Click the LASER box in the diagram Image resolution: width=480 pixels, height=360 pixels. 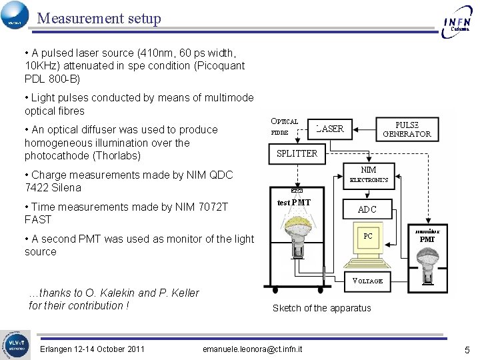pyautogui.click(x=329, y=129)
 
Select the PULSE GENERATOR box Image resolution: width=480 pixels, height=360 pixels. pyautogui.click(x=407, y=129)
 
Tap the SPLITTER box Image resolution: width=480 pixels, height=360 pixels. pyautogui.click(x=297, y=153)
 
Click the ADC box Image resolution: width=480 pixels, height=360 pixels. pyautogui.click(x=367, y=209)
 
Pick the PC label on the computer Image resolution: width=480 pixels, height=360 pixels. pyautogui.click(x=368, y=235)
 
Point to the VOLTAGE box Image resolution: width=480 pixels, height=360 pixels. pyautogui.click(x=367, y=281)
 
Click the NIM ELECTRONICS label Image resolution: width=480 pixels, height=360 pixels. pyautogui.click(x=369, y=174)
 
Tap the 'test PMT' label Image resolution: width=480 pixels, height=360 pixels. pyautogui.click(x=293, y=203)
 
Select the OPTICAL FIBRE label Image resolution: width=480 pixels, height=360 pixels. pyautogui.click(x=284, y=127)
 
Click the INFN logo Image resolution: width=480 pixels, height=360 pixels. pyautogui.click(x=458, y=21)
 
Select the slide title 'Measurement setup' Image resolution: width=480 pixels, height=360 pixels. pyautogui.click(x=99, y=18)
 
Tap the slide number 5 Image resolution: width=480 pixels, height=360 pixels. pyautogui.click(x=467, y=349)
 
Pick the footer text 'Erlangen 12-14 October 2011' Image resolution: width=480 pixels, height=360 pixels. pyautogui.click(x=92, y=349)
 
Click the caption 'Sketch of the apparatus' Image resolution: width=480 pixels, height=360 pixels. pyautogui.click(x=322, y=308)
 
